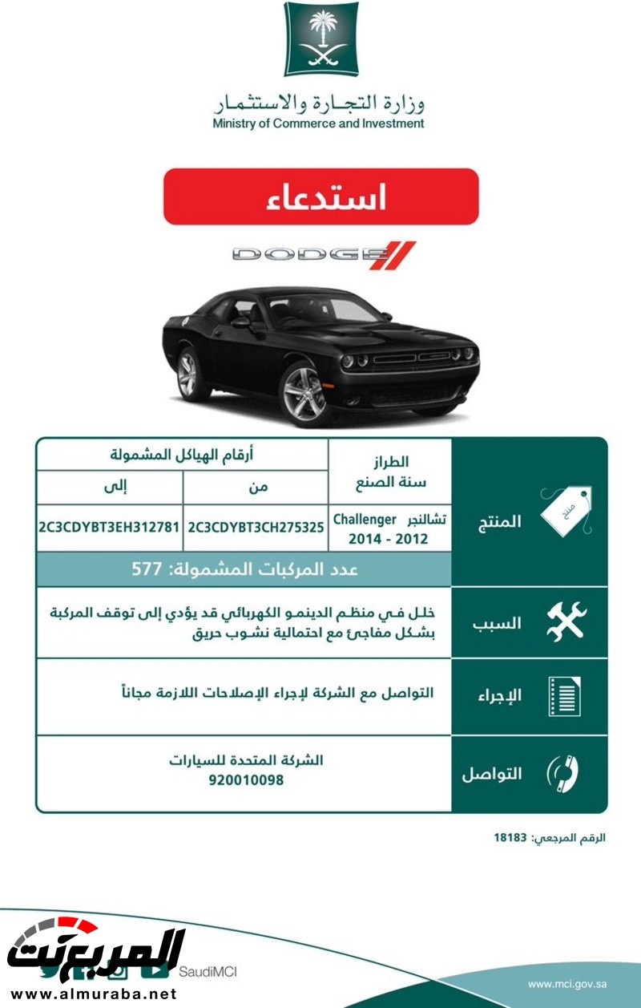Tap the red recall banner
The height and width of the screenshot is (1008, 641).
point(321,196)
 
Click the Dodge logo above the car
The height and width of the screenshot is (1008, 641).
point(325,255)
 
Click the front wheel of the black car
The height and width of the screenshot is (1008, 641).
point(305,393)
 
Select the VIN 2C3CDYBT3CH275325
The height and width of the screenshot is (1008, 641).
point(256,528)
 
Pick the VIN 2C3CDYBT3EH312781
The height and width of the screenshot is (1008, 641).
point(109,528)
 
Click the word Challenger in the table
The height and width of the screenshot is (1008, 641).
point(365,519)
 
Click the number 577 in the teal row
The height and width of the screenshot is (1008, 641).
point(147,569)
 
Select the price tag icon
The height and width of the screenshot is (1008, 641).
point(566,510)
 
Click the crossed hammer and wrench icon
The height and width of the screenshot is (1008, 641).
point(566,621)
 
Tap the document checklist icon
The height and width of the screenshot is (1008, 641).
point(564,696)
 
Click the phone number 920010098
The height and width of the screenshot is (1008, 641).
point(245,779)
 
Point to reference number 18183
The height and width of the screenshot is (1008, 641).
point(510,837)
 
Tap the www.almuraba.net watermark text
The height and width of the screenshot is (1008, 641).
point(91,994)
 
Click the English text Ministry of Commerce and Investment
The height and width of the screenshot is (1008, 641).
point(318,123)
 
